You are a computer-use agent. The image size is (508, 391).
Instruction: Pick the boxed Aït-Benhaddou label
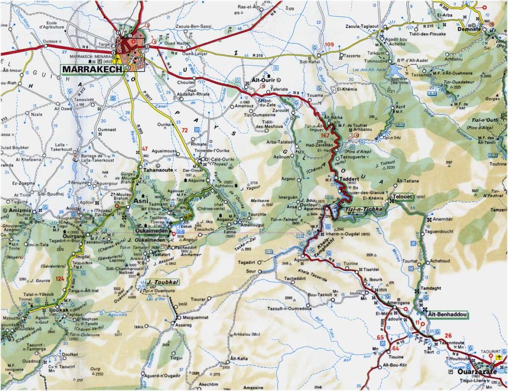445,314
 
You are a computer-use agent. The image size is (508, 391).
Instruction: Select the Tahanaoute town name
145,168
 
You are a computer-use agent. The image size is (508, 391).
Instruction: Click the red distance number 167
325,135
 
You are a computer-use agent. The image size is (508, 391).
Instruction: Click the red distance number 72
185,130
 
